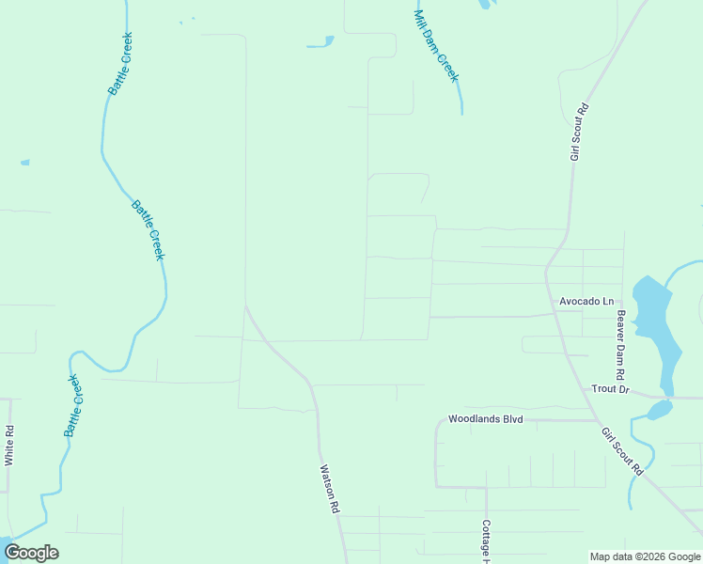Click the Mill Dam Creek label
click(435, 46)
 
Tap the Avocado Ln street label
click(586, 302)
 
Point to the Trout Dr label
click(610, 388)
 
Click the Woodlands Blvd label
click(485, 419)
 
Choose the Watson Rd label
click(328, 488)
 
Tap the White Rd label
click(9, 446)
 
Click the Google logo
click(32, 553)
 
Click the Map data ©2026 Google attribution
click(644, 556)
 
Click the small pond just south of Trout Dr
click(659, 410)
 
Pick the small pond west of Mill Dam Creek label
click(320, 42)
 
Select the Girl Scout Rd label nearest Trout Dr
click(622, 450)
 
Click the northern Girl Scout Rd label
click(579, 132)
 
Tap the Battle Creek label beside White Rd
click(72, 405)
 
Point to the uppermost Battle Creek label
click(120, 64)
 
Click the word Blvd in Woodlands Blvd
click(510, 419)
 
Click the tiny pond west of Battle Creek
click(25, 163)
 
